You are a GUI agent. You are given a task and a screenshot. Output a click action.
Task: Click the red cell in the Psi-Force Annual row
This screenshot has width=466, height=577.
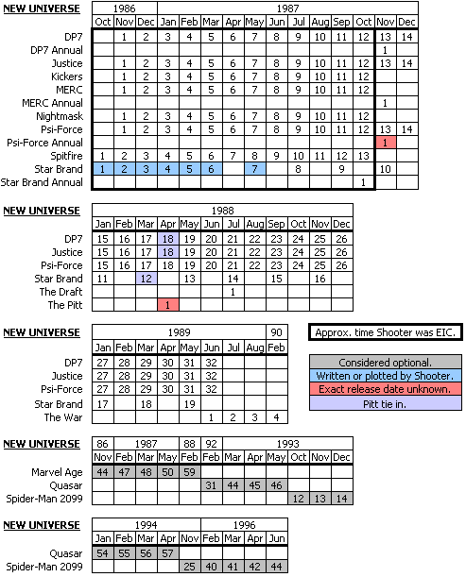386,143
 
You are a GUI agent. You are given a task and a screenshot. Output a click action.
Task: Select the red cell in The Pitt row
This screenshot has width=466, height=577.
168,305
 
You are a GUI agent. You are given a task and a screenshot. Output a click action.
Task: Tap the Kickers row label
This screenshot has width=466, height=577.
67,76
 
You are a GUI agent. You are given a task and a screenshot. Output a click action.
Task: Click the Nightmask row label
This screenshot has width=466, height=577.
60,116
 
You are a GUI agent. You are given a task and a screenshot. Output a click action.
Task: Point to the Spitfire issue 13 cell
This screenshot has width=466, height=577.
364,156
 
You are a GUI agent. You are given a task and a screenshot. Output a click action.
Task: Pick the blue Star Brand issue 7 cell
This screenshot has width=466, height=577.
255,169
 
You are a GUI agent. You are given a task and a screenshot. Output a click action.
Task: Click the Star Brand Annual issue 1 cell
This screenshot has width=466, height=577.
364,182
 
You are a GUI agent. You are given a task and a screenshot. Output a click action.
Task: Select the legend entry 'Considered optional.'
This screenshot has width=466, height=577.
386,363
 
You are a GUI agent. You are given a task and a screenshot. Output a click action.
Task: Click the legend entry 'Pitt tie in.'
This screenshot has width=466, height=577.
386,403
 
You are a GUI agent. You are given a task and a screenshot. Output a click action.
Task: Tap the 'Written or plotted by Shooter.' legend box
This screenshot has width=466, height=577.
386,376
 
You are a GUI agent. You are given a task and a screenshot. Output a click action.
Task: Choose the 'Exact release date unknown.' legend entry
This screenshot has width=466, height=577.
386,389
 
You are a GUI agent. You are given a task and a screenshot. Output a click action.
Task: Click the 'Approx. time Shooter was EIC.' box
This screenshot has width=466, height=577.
386,332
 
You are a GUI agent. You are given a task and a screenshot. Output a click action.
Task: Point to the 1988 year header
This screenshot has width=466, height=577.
222,211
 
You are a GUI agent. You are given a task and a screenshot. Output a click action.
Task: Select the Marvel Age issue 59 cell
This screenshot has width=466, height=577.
190,472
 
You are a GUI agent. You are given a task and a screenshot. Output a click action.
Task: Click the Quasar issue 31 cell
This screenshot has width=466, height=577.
212,485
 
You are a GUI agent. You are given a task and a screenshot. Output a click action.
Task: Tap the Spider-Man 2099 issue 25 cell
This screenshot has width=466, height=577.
190,567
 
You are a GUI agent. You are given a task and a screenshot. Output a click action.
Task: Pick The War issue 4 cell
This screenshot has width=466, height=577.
277,417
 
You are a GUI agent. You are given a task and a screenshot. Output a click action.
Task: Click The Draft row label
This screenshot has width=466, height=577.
60,292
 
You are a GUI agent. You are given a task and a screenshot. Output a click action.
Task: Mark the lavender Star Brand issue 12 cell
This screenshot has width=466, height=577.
147,279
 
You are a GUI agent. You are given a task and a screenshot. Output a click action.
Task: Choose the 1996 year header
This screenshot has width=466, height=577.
244,525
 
